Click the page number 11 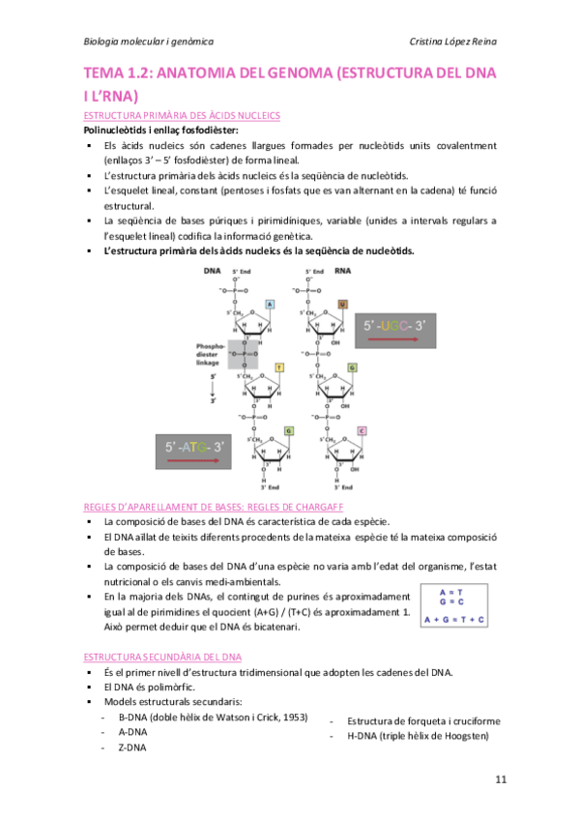click(499, 779)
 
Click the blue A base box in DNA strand click(270, 304)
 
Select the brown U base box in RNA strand click(342, 304)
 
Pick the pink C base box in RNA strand click(362, 430)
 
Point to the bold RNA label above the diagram click(341, 272)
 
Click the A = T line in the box click(450, 592)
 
